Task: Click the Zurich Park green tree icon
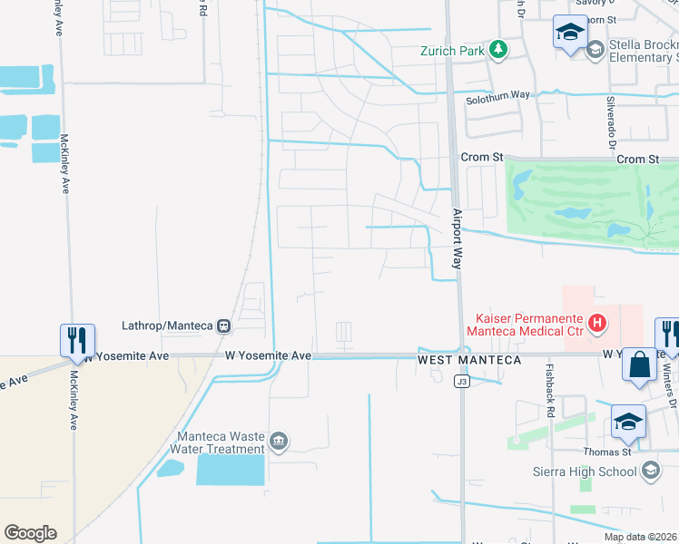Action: pos(497,50)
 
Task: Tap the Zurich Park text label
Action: pos(452,51)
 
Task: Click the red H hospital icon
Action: pos(596,321)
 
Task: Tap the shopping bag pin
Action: pos(640,364)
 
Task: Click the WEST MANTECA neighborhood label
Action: pos(469,360)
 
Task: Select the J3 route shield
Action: pos(462,382)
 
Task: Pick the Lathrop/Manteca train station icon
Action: pos(223,325)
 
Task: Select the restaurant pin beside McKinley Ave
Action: pos(74,340)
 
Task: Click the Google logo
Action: pos(30,533)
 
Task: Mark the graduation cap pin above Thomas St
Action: pos(626,420)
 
